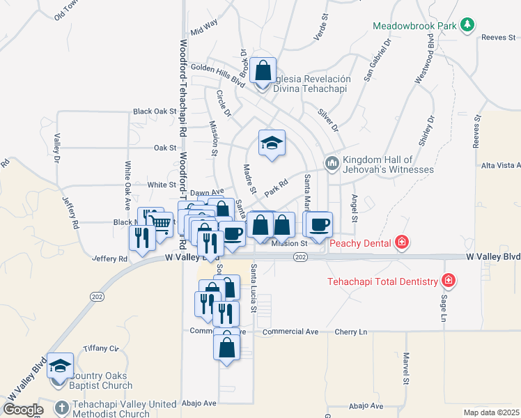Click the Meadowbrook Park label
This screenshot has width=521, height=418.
tap(414, 26)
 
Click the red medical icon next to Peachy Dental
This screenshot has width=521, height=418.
tap(401, 242)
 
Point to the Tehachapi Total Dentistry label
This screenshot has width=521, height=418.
tap(382, 281)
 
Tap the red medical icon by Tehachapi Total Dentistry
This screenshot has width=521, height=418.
tap(449, 281)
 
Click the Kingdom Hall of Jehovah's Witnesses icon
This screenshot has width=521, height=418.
tap(332, 164)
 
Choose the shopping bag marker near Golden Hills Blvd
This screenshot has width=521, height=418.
tap(263, 70)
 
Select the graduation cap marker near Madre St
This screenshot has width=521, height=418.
tap(272, 144)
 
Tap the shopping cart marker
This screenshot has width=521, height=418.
tap(161, 224)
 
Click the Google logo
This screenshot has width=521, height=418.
tap(22, 410)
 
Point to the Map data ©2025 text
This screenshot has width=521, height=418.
tap(491, 412)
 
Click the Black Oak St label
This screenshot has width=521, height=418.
tap(155, 111)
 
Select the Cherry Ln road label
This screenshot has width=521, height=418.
tap(350, 332)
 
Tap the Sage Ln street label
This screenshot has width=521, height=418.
tap(443, 308)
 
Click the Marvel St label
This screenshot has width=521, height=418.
tap(405, 368)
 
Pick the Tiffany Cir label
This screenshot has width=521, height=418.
tap(101, 348)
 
